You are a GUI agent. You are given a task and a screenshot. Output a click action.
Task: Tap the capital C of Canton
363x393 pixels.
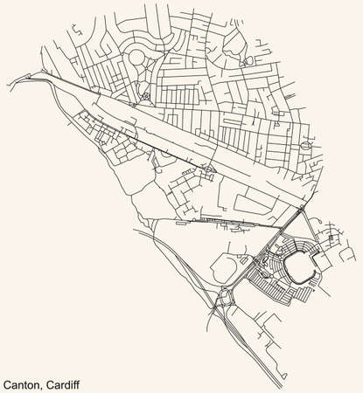7,382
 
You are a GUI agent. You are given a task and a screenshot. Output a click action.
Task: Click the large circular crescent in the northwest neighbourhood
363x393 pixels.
137,60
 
